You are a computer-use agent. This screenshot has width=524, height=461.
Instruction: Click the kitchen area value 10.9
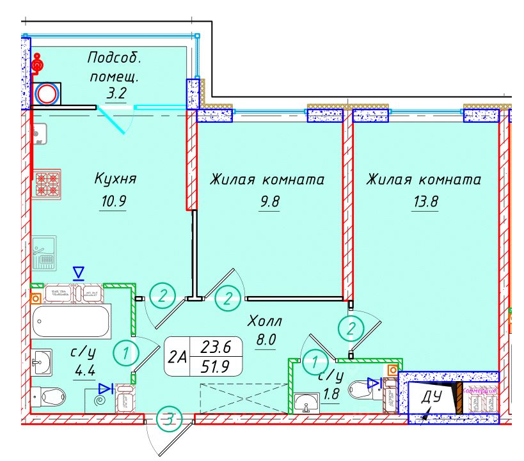115,202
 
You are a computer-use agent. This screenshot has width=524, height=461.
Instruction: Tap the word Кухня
115,178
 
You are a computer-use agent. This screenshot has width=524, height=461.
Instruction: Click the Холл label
265,320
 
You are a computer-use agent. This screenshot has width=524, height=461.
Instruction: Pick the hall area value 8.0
265,340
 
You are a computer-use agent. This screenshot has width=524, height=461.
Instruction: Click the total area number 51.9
215,367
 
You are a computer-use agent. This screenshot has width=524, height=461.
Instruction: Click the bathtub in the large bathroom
70,321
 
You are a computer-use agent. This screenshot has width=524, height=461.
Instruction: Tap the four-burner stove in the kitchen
47,184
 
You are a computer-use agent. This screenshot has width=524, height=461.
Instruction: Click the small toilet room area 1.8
331,395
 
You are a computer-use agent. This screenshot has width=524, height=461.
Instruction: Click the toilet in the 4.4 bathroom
52,396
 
